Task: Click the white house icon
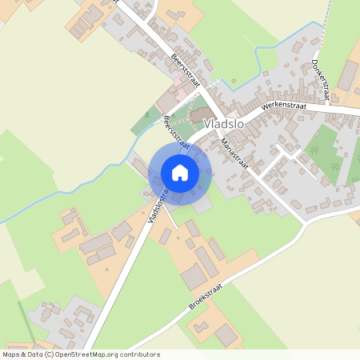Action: coord(180,172)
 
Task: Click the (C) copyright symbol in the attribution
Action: coord(50,354)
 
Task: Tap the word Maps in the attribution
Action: coord(11,354)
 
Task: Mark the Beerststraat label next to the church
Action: coord(175,133)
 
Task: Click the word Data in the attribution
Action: coord(34,354)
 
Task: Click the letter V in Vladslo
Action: coord(208,124)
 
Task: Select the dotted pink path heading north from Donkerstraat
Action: coord(326,24)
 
